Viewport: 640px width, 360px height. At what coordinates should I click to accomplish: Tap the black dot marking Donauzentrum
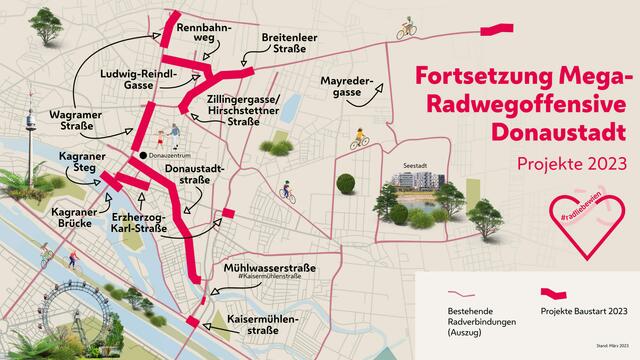(x=143, y=155)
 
